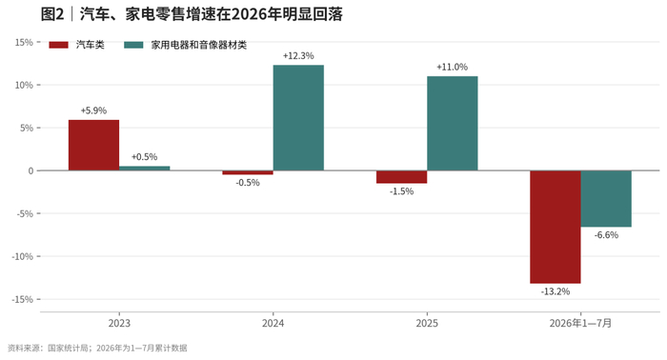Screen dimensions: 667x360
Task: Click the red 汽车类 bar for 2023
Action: click(94, 146)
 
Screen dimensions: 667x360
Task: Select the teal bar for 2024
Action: click(298, 118)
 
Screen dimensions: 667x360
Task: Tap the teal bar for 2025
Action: click(453, 123)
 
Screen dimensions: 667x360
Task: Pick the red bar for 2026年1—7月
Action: click(556, 227)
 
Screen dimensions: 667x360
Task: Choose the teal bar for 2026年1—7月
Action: click(606, 199)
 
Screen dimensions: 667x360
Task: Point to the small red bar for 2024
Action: click(248, 172)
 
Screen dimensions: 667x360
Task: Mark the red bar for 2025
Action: click(401, 177)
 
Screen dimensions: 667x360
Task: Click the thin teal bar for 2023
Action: click(145, 169)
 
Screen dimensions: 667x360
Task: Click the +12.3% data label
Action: click(298, 55)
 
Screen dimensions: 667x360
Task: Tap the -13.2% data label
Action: click(556, 291)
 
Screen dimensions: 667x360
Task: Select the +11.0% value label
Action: click(453, 68)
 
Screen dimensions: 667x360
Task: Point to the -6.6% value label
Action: click(606, 235)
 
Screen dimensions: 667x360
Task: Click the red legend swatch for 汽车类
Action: click(59, 45)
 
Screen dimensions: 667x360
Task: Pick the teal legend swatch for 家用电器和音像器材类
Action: click(133, 45)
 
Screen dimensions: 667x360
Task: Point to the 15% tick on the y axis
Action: click(24, 42)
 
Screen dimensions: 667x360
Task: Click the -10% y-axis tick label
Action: click(23, 256)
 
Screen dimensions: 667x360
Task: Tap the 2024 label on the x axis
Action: click(273, 324)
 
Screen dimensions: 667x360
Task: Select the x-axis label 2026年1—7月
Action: click(580, 324)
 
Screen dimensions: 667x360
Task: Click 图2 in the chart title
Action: click(51, 14)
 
